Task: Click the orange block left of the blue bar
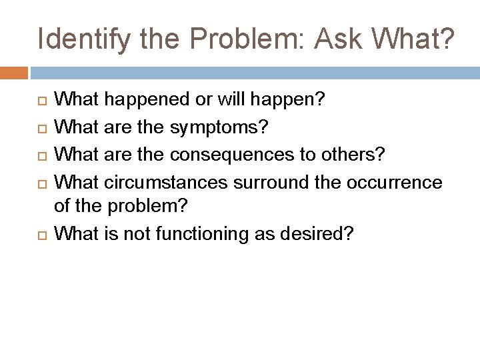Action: (x=14, y=73)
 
